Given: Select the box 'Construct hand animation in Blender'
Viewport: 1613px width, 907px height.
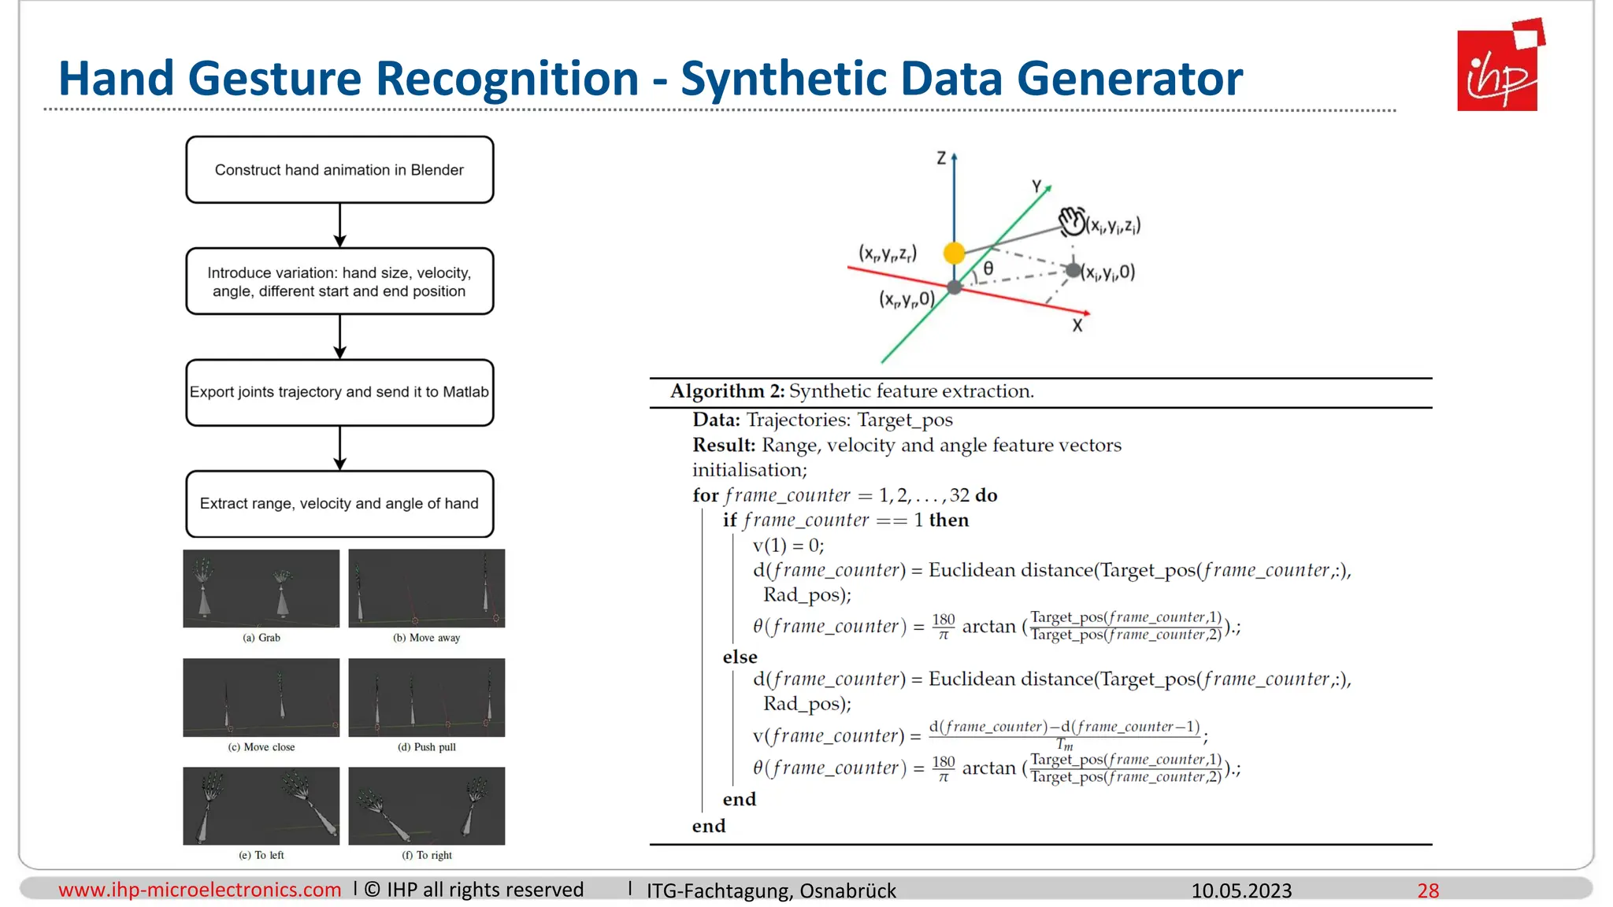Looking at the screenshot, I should coord(339,170).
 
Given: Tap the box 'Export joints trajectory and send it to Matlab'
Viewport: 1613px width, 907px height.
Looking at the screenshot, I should coord(339,392).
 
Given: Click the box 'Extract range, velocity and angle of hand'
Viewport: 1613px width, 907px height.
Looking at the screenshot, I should coord(339,504).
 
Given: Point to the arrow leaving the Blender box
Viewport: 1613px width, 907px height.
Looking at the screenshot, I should coord(340,225).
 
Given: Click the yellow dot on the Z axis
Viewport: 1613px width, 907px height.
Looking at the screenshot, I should coord(954,253).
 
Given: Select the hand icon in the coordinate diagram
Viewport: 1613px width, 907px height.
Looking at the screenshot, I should coord(1071,221).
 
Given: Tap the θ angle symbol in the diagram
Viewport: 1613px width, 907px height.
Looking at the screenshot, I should coord(988,269).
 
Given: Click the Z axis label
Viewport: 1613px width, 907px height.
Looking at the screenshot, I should coord(941,158).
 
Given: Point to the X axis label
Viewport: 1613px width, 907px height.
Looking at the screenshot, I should coord(1077,325).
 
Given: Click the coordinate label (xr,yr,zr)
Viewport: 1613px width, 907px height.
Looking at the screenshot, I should coord(888,254).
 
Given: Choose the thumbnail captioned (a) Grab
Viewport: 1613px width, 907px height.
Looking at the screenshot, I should coord(261,589).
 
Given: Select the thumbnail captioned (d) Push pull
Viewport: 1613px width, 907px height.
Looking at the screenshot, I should coord(426,698).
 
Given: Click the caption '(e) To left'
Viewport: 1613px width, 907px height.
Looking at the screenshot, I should coord(261,855).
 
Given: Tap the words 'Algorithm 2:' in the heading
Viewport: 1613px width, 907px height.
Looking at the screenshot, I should coord(727,391).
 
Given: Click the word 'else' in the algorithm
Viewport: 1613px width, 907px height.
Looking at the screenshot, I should coord(740,657).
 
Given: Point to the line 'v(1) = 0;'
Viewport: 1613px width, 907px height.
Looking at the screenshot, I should coord(788,545).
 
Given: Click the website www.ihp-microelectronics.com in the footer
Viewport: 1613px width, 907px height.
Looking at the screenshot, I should coord(200,890).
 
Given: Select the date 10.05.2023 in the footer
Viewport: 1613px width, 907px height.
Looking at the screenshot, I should coord(1241,890).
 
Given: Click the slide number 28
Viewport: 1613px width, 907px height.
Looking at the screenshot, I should coord(1428,890).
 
